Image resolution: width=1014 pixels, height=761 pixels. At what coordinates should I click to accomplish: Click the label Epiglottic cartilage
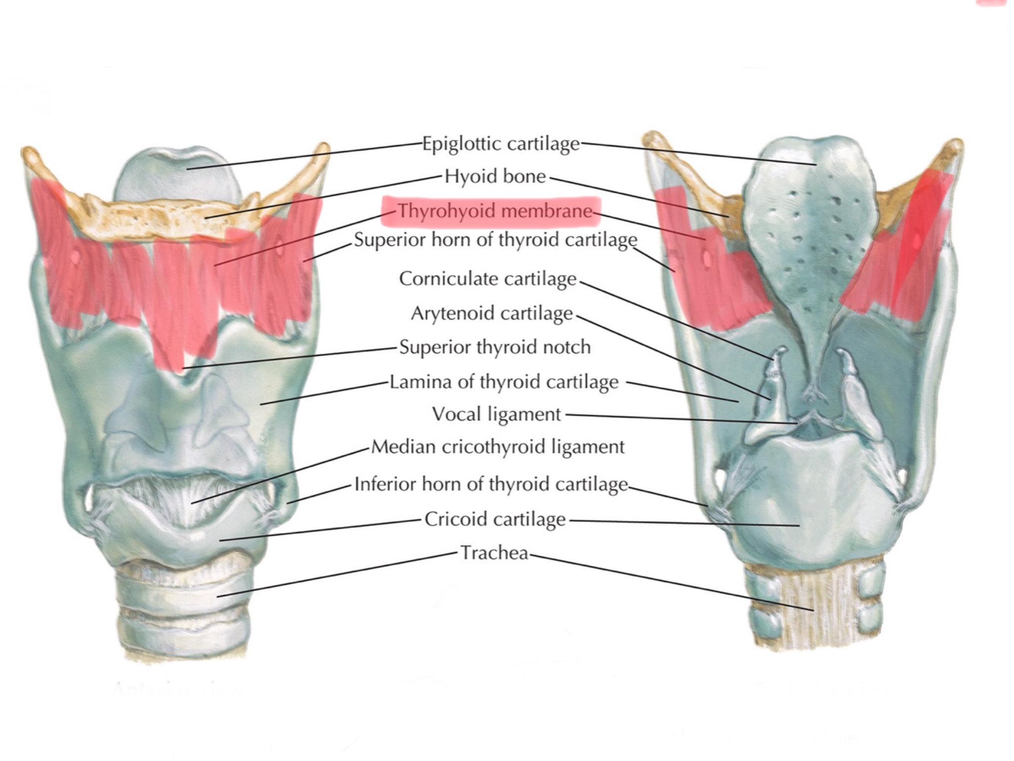pyautogui.click(x=501, y=144)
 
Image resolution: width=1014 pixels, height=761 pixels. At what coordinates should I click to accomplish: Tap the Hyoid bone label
pyautogui.click(x=495, y=176)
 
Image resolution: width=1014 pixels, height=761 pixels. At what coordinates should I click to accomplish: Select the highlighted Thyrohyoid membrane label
pyautogui.click(x=495, y=212)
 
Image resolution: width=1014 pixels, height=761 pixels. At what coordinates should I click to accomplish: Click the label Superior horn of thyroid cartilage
pyautogui.click(x=496, y=240)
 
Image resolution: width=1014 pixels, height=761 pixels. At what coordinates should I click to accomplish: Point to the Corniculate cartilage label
pyautogui.click(x=488, y=279)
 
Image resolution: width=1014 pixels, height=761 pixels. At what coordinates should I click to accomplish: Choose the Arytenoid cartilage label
pyautogui.click(x=492, y=314)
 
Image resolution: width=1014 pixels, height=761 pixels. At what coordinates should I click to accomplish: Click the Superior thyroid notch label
pyautogui.click(x=495, y=347)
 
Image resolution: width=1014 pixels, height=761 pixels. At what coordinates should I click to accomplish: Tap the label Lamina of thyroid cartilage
pyautogui.click(x=504, y=382)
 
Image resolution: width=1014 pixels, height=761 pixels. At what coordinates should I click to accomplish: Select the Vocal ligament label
pyautogui.click(x=497, y=414)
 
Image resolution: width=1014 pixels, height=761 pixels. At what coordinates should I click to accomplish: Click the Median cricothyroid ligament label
pyautogui.click(x=498, y=447)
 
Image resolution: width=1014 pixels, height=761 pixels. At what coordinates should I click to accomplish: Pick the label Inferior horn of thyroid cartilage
pyautogui.click(x=491, y=484)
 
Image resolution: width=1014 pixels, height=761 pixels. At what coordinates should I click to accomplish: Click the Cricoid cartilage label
pyautogui.click(x=495, y=519)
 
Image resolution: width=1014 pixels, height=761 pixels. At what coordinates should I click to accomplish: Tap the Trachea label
pyautogui.click(x=495, y=553)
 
